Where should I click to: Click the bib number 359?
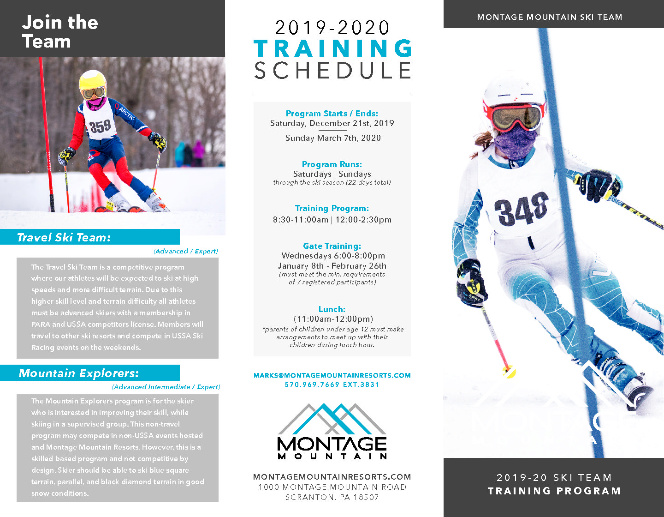(x=100, y=126)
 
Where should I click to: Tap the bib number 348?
(x=522, y=208)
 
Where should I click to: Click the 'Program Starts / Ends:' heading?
(x=332, y=114)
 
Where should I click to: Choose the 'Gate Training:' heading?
(x=332, y=246)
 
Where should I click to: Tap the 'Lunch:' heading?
(x=332, y=309)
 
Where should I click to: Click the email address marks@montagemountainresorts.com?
(x=332, y=375)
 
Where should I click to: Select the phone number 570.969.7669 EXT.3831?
(x=332, y=385)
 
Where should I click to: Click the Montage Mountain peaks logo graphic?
(x=332, y=419)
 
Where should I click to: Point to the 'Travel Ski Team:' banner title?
(x=64, y=237)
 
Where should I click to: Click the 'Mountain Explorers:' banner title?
(x=78, y=373)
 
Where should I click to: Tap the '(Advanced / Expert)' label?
(x=185, y=251)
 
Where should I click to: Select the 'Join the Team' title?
(x=60, y=31)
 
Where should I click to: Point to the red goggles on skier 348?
(x=515, y=117)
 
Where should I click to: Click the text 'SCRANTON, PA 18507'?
(x=332, y=498)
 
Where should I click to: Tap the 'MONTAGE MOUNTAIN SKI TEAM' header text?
(x=550, y=17)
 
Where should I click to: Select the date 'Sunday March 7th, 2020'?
(x=333, y=138)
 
